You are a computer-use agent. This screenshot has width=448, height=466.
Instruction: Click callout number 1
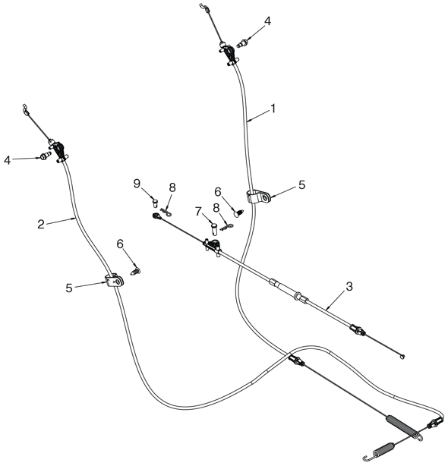point(273,109)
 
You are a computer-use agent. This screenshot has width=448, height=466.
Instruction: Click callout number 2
point(41,224)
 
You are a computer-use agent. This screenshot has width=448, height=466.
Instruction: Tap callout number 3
point(349,286)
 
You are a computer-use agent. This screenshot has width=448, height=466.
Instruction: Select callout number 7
point(198,211)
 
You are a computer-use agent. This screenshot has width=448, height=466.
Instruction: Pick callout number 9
point(137,184)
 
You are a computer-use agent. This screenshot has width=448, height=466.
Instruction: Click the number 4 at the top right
point(267,21)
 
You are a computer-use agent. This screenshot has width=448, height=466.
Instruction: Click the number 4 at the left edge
point(7,160)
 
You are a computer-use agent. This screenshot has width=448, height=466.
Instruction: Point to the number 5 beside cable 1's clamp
point(301,185)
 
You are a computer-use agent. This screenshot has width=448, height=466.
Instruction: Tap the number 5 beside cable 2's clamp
point(69,288)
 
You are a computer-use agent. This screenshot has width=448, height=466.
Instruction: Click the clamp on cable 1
point(258,197)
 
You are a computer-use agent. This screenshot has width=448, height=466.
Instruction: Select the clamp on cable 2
point(114,281)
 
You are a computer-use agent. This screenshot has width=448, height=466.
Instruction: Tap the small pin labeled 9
point(155,203)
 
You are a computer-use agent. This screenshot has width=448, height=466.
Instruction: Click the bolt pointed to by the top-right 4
point(241,43)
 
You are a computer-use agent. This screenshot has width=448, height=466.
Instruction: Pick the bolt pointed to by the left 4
point(46,156)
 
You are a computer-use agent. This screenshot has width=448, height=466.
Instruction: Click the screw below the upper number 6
point(238,213)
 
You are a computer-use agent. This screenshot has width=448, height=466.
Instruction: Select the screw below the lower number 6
point(136,271)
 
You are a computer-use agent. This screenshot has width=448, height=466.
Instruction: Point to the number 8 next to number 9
point(172,187)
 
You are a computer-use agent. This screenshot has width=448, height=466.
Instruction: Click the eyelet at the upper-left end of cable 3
point(156,216)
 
